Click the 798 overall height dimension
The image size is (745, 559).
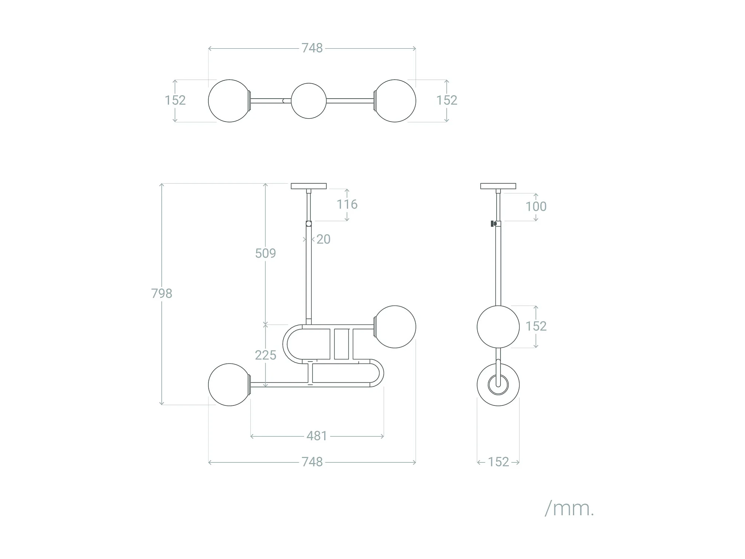(x=162, y=293)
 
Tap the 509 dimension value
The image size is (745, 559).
(x=265, y=253)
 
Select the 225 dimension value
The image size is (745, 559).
(x=265, y=355)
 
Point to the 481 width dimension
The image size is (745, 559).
(x=317, y=436)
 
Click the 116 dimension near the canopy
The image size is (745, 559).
(x=347, y=204)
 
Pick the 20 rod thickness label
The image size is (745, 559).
(x=323, y=239)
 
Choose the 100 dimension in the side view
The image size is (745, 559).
(x=536, y=206)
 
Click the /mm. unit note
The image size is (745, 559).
(x=569, y=508)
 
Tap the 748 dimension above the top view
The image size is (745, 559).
(x=312, y=48)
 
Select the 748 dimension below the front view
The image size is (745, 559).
(x=312, y=462)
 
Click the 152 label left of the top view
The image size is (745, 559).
(x=175, y=100)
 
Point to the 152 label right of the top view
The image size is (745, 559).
(x=447, y=100)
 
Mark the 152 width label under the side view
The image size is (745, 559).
(x=498, y=462)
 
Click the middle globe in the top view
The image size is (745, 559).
(x=309, y=101)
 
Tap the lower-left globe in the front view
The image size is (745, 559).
(x=229, y=385)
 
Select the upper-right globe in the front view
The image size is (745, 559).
(x=395, y=327)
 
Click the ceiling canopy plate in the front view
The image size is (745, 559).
(x=309, y=186)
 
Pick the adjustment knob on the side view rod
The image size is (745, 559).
(x=493, y=224)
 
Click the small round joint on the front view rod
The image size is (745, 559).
(x=309, y=224)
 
